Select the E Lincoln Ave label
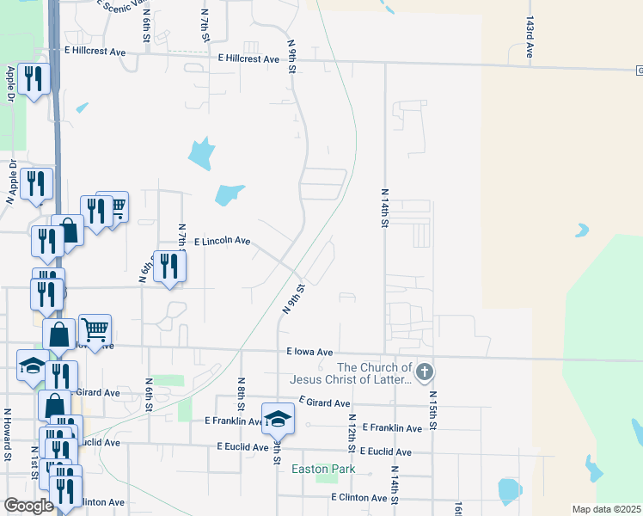222,242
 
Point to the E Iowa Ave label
309,352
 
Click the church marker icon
425,372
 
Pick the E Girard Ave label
324,402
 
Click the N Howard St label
7,434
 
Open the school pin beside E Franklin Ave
278,419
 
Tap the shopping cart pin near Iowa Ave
95,329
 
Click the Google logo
29,506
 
